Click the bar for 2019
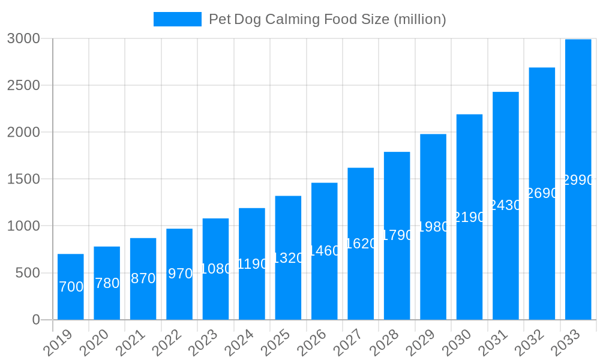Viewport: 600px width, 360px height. pyautogui.click(x=71, y=287)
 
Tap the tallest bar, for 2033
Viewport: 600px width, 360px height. pyautogui.click(x=578, y=179)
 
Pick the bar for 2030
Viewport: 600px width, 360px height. pyautogui.click(x=469, y=217)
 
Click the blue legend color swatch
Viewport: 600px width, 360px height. pyautogui.click(x=177, y=19)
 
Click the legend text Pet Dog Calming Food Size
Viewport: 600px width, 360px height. pyautogui.click(x=327, y=19)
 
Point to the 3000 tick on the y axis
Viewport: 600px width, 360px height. pyautogui.click(x=23, y=38)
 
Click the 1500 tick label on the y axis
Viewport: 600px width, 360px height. pyautogui.click(x=23, y=179)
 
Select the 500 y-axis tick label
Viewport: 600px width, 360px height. pyautogui.click(x=27, y=273)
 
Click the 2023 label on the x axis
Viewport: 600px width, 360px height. pyautogui.click(x=203, y=343)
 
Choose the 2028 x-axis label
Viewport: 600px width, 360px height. pyautogui.click(x=384, y=343)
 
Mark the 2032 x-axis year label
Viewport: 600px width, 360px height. pyautogui.click(x=529, y=343)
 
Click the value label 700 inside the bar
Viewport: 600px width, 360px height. pyautogui.click(x=71, y=287)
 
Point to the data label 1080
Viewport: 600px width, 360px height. pyautogui.click(x=215, y=269)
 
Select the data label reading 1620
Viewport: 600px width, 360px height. pyautogui.click(x=361, y=244)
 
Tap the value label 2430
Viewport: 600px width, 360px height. pyautogui.click(x=506, y=205)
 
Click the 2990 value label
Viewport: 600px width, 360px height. pyautogui.click(x=578, y=180)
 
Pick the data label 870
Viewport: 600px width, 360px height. pyautogui.click(x=143, y=278)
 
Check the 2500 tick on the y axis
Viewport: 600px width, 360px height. pyautogui.click(x=23, y=85)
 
